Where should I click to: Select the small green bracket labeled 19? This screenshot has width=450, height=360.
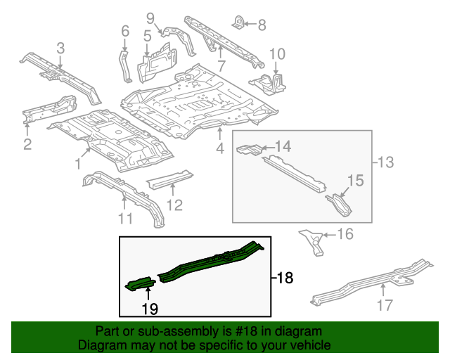(139, 283)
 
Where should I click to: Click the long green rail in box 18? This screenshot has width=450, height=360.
(211, 262)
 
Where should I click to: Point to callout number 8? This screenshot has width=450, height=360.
(262, 26)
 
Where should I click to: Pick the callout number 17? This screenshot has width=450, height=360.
(384, 304)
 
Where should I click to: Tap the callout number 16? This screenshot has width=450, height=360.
(345, 234)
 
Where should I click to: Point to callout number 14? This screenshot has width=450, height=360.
(282, 146)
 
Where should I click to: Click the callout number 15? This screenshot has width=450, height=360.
(355, 181)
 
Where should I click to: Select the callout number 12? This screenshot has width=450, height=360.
(174, 205)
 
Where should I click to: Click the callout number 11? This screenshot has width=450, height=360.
(124, 219)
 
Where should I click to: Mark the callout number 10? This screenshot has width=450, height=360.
(277, 53)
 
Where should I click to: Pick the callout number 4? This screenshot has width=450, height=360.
(219, 148)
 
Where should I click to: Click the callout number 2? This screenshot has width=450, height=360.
(27, 146)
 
